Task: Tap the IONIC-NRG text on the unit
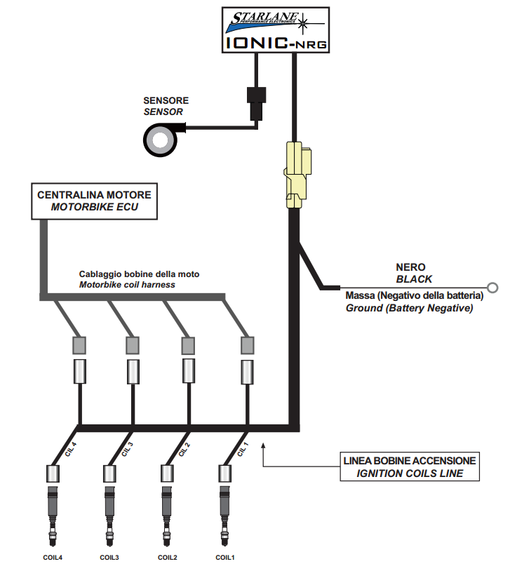click(276, 43)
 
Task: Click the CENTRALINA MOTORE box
click(94, 201)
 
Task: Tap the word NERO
click(410, 267)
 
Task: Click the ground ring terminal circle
click(492, 287)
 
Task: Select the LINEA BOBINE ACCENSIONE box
click(410, 466)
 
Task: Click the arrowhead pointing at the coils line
click(263, 444)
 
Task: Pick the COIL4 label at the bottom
click(52, 558)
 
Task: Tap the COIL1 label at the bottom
click(225, 558)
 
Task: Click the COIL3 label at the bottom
click(109, 558)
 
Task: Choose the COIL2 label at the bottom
click(167, 558)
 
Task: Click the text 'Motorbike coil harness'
click(127, 285)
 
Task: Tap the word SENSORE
click(166, 101)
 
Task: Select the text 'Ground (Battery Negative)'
click(409, 307)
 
